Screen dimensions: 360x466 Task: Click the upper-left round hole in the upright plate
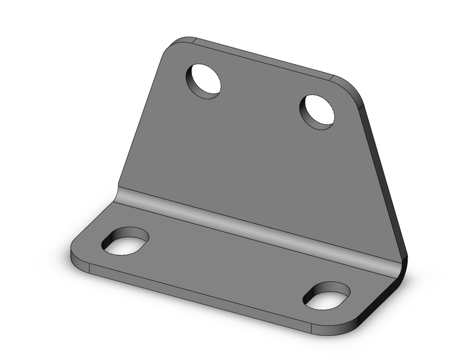point(204,81)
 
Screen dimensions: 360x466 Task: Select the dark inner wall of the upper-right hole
point(305,110)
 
